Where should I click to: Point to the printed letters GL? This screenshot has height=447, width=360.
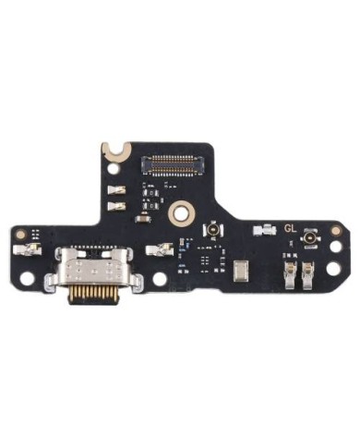291,229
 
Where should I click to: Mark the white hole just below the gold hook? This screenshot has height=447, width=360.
113,169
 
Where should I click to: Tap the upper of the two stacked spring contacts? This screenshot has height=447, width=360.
117,190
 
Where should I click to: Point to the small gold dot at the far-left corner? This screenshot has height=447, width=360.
22,234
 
